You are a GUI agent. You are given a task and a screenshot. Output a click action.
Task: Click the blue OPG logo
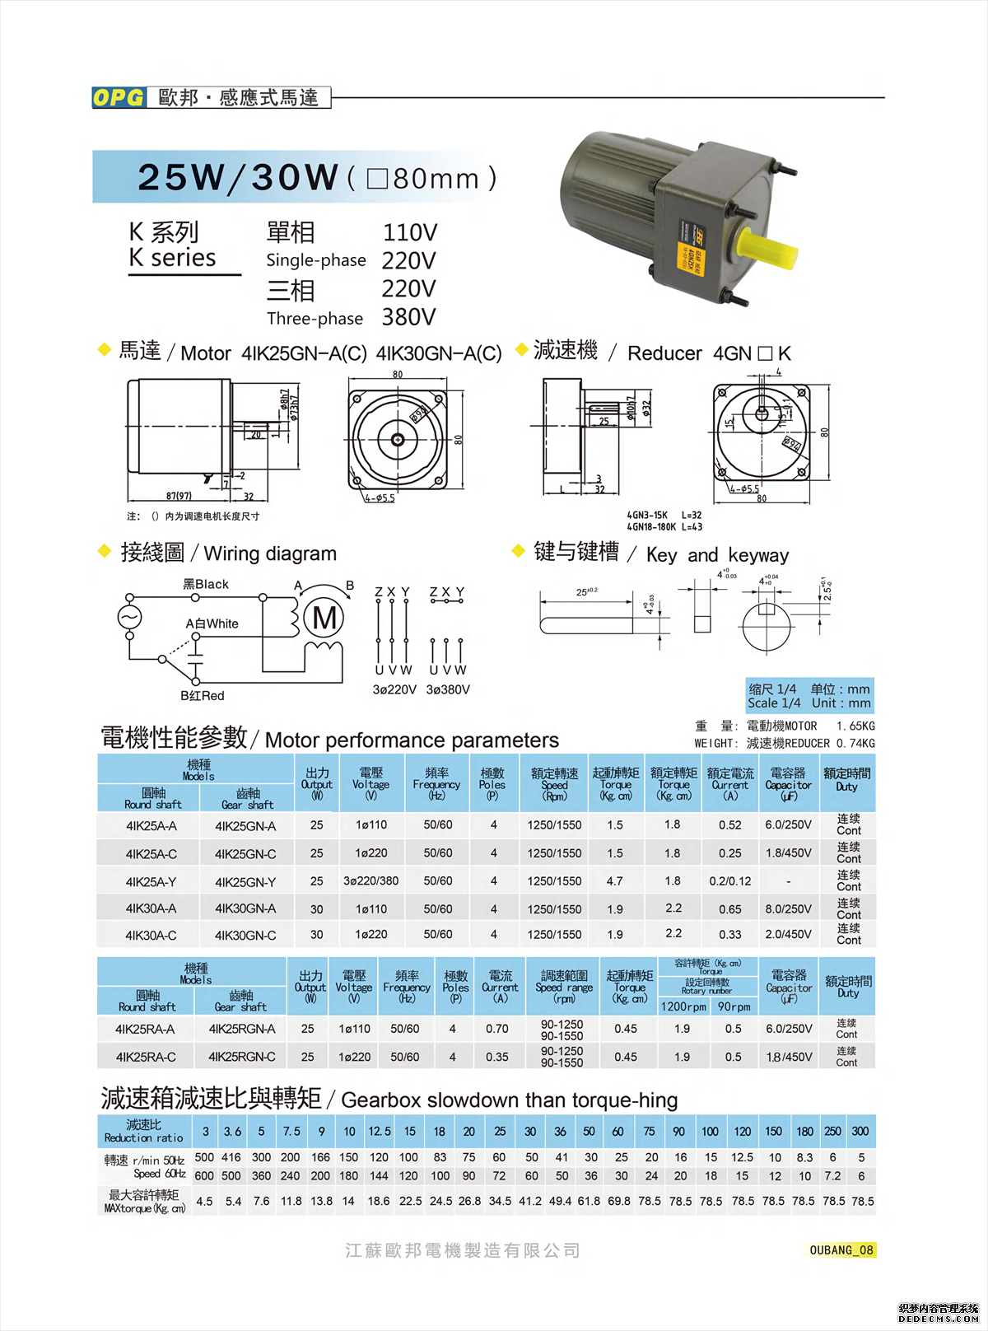(119, 97)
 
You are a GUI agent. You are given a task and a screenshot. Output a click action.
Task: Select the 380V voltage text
(408, 317)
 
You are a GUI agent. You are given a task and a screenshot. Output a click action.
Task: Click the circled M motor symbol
(324, 618)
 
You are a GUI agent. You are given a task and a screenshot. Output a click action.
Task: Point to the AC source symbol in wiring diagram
(129, 617)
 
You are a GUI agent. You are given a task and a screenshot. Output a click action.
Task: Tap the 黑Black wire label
(206, 584)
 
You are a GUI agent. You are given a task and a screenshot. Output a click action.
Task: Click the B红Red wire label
(203, 696)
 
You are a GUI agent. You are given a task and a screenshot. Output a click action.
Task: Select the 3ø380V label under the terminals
(448, 689)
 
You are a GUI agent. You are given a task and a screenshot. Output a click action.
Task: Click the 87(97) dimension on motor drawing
(179, 496)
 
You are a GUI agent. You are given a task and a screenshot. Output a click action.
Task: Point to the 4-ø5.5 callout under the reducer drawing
(744, 488)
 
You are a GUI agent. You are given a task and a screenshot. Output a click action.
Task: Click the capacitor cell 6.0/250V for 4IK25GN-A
(788, 824)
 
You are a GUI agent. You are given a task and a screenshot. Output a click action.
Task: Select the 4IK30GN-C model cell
(245, 936)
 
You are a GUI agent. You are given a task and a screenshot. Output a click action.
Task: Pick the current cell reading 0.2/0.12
(730, 881)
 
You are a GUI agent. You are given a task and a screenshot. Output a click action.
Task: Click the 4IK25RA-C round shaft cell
(146, 1057)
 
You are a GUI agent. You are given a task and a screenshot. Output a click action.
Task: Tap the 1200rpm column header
(683, 1006)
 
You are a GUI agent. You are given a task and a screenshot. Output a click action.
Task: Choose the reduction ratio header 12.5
(379, 1132)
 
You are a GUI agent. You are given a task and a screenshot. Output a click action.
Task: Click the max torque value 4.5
(204, 1202)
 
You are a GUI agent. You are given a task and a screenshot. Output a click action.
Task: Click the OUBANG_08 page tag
(841, 1250)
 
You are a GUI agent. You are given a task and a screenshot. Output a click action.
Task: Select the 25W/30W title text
(238, 177)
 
